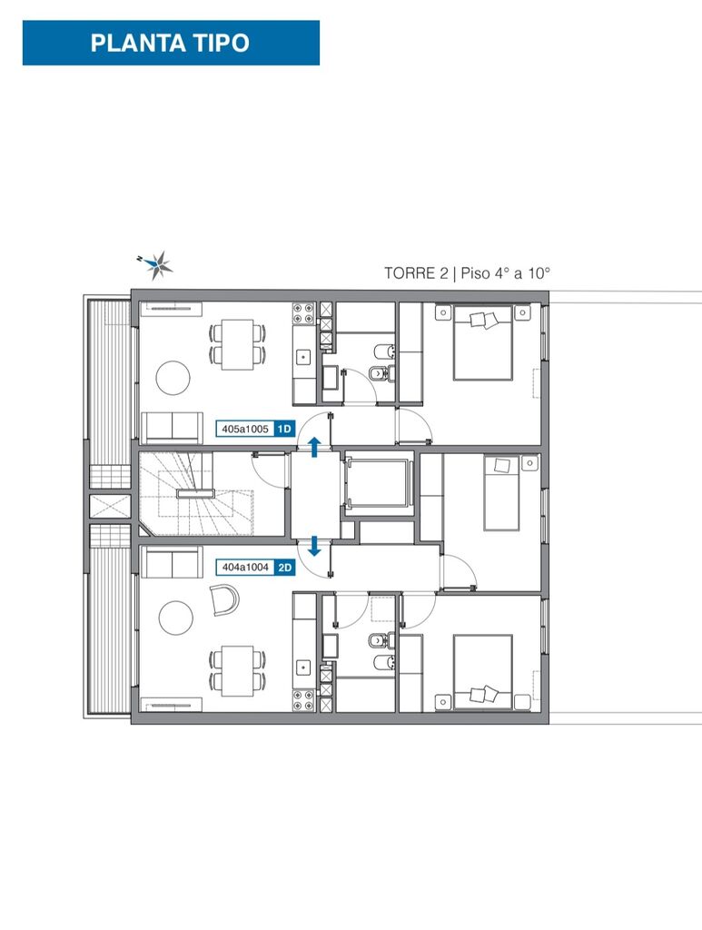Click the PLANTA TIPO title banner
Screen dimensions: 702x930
point(171,43)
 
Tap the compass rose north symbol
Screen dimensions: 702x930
point(158,264)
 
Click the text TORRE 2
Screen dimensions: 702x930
point(416,273)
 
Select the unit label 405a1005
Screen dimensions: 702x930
point(245,429)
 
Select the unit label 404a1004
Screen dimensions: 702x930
point(245,568)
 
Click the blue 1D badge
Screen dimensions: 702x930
point(285,429)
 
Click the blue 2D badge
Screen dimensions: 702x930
point(285,568)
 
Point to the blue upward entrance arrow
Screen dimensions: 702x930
point(315,447)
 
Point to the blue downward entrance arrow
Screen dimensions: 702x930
point(315,546)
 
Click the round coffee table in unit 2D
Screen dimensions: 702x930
point(176,618)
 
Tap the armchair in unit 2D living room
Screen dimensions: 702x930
point(224,599)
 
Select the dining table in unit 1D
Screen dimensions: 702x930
point(237,344)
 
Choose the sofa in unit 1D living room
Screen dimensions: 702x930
point(172,428)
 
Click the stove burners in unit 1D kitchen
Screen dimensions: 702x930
point(303,313)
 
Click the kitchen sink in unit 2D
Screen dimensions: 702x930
point(304,668)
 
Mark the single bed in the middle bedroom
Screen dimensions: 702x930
point(501,492)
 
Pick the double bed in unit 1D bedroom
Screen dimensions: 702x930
point(483,342)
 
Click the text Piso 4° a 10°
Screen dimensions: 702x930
point(505,273)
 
